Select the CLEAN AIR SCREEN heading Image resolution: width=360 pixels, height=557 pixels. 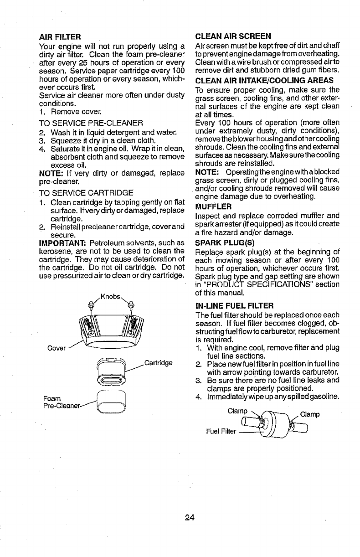(233, 36)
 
